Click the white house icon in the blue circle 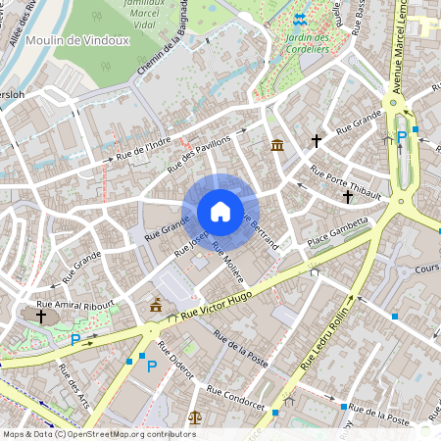220,211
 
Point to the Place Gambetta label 337,233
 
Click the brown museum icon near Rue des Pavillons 278,146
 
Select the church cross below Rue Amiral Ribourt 41,317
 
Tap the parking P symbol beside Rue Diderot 151,366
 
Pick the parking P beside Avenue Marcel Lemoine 401,136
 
